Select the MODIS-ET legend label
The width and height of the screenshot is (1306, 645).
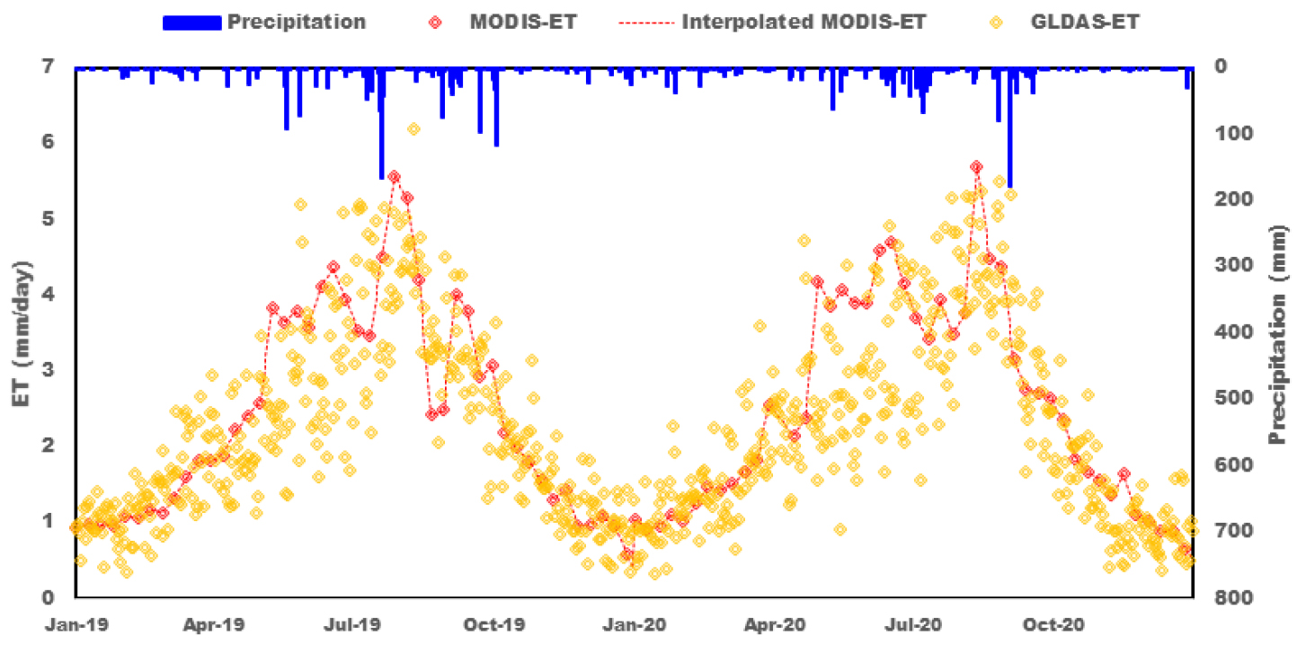(x=522, y=22)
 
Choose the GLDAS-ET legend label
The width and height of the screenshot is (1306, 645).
(x=1085, y=22)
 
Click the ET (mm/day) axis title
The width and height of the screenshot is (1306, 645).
(x=23, y=331)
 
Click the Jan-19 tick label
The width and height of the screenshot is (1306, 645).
(x=76, y=623)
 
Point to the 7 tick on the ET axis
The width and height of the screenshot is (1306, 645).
(x=58, y=66)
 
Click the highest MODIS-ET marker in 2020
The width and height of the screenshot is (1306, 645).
(x=977, y=167)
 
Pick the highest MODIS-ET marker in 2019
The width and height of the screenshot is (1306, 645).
(x=394, y=177)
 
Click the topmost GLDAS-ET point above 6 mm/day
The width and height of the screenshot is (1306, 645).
(x=413, y=129)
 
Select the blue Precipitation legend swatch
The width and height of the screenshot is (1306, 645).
(x=191, y=22)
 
